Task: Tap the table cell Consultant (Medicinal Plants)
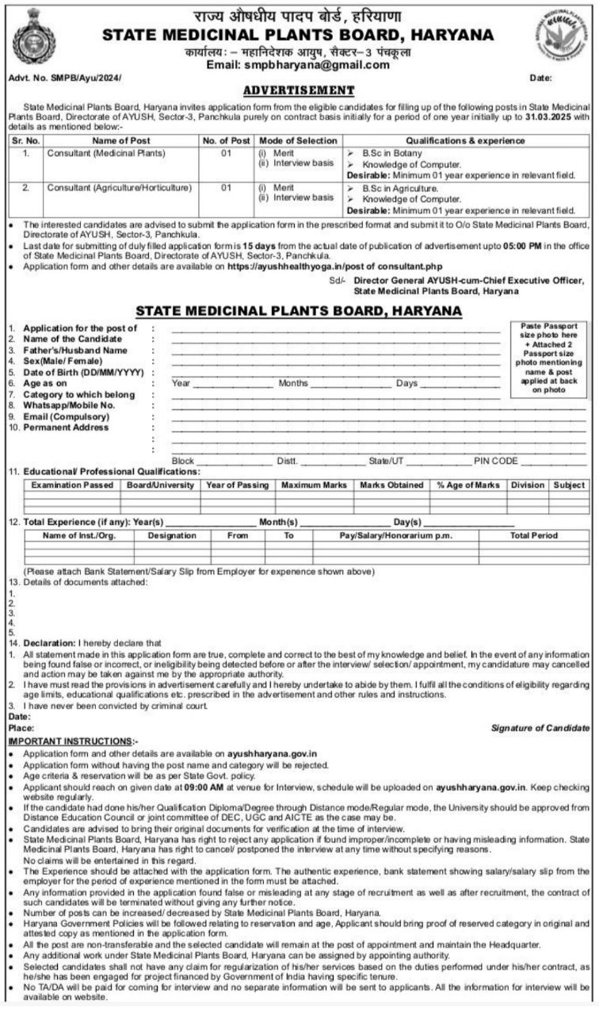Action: click(105, 152)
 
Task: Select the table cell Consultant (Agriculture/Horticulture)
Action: click(119, 188)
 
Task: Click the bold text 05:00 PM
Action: click(500, 247)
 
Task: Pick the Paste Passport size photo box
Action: click(548, 358)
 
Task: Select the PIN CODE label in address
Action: click(496, 461)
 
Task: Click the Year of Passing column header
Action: click(237, 485)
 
